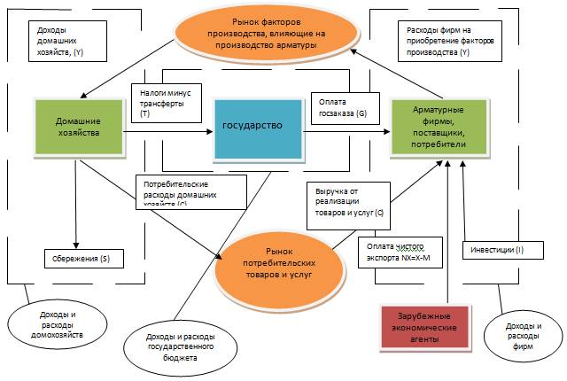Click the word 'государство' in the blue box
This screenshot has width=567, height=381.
[252, 126]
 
